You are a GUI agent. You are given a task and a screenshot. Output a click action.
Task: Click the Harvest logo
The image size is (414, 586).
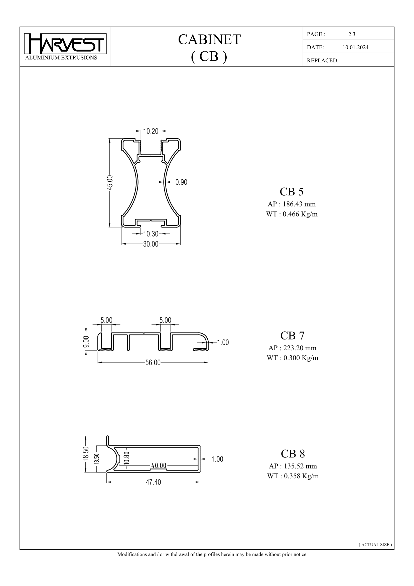pyautogui.click(x=65, y=44)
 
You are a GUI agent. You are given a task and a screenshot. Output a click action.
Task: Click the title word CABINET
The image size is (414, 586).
pyautogui.click(x=209, y=40)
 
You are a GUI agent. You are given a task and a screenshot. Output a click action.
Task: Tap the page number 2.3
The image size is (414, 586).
pyautogui.click(x=351, y=34)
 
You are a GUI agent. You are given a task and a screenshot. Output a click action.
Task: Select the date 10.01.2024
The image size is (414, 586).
pyautogui.click(x=355, y=47)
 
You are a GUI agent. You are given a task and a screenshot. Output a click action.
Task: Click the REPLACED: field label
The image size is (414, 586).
pyautogui.click(x=322, y=60)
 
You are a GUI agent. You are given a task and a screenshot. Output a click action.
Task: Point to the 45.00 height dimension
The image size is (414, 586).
pyautogui.click(x=110, y=182)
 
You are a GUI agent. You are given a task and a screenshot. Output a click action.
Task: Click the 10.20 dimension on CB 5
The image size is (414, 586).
pyautogui.click(x=151, y=131)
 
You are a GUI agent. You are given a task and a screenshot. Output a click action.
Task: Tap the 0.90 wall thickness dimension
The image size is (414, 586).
pyautogui.click(x=181, y=182)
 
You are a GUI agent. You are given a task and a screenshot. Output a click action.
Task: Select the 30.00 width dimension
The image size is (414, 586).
pyautogui.click(x=151, y=244)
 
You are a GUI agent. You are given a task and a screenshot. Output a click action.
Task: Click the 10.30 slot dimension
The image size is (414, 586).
pyautogui.click(x=151, y=234)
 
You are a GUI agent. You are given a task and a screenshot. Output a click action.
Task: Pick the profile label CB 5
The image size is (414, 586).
pyautogui.click(x=292, y=192)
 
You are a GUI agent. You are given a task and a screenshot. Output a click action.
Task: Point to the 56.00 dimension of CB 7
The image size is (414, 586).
pyautogui.click(x=153, y=363)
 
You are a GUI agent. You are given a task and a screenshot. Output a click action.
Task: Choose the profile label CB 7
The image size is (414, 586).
pyautogui.click(x=292, y=336)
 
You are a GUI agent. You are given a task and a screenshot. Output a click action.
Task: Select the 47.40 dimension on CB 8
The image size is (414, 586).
pyautogui.click(x=153, y=482)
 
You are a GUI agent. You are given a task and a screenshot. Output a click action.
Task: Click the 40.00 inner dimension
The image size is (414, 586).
pyautogui.click(x=159, y=466)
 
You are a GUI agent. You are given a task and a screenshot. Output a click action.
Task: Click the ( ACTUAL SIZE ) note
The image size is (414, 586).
pyautogui.click(x=375, y=544)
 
